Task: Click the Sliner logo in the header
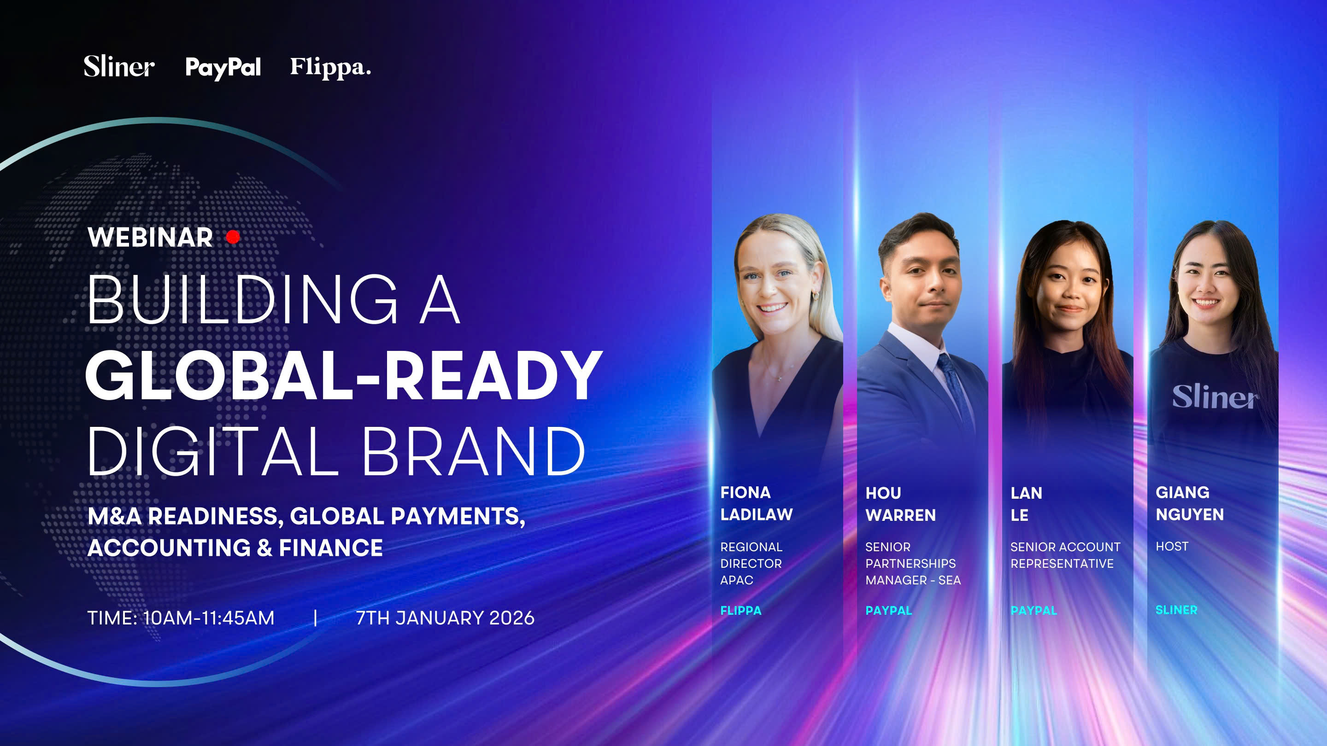pyautogui.click(x=119, y=66)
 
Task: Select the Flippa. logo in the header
pyautogui.click(x=330, y=67)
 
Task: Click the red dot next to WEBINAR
pyautogui.click(x=233, y=237)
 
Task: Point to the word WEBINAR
pyautogui.click(x=150, y=237)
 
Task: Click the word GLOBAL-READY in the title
pyautogui.click(x=344, y=375)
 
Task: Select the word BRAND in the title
pyautogui.click(x=474, y=451)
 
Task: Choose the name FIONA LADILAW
pyautogui.click(x=756, y=503)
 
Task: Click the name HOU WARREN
pyautogui.click(x=900, y=504)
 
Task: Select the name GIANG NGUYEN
pyautogui.click(x=1189, y=503)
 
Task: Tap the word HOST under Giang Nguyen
pyautogui.click(x=1172, y=546)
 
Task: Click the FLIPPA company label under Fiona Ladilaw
pyautogui.click(x=741, y=611)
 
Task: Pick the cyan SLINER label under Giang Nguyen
pyautogui.click(x=1177, y=610)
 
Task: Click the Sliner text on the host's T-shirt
pyautogui.click(x=1215, y=396)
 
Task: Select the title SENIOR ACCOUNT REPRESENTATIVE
pyautogui.click(x=1065, y=555)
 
